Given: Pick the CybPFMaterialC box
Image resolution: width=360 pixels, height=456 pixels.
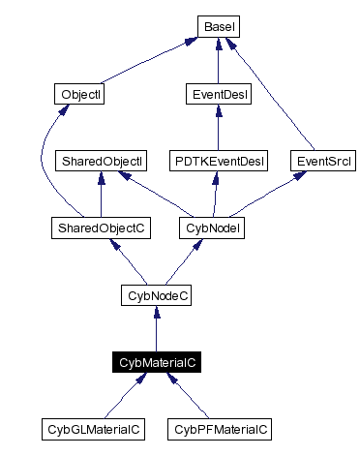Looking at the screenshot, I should click(x=219, y=428).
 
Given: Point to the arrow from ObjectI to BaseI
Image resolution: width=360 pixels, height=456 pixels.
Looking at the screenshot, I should click(x=145, y=62).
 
